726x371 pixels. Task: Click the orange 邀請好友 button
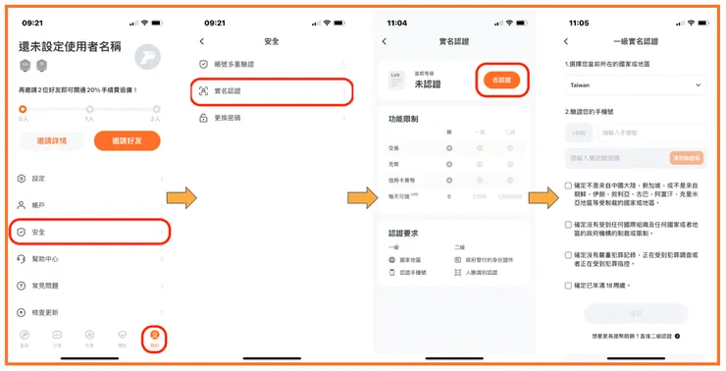pos(127,140)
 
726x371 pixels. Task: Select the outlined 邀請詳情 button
pos(50,140)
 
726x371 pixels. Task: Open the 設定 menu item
pos(39,179)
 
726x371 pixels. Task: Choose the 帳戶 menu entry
pos(39,205)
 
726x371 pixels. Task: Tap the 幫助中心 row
pos(46,258)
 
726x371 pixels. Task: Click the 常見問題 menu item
pos(46,285)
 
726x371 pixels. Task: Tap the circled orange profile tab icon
pos(153,337)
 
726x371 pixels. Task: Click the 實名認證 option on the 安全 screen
pos(270,91)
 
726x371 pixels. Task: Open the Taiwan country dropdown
pos(636,85)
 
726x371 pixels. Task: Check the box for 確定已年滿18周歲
pos(569,286)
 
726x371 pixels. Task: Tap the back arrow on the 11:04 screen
pos(385,41)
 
